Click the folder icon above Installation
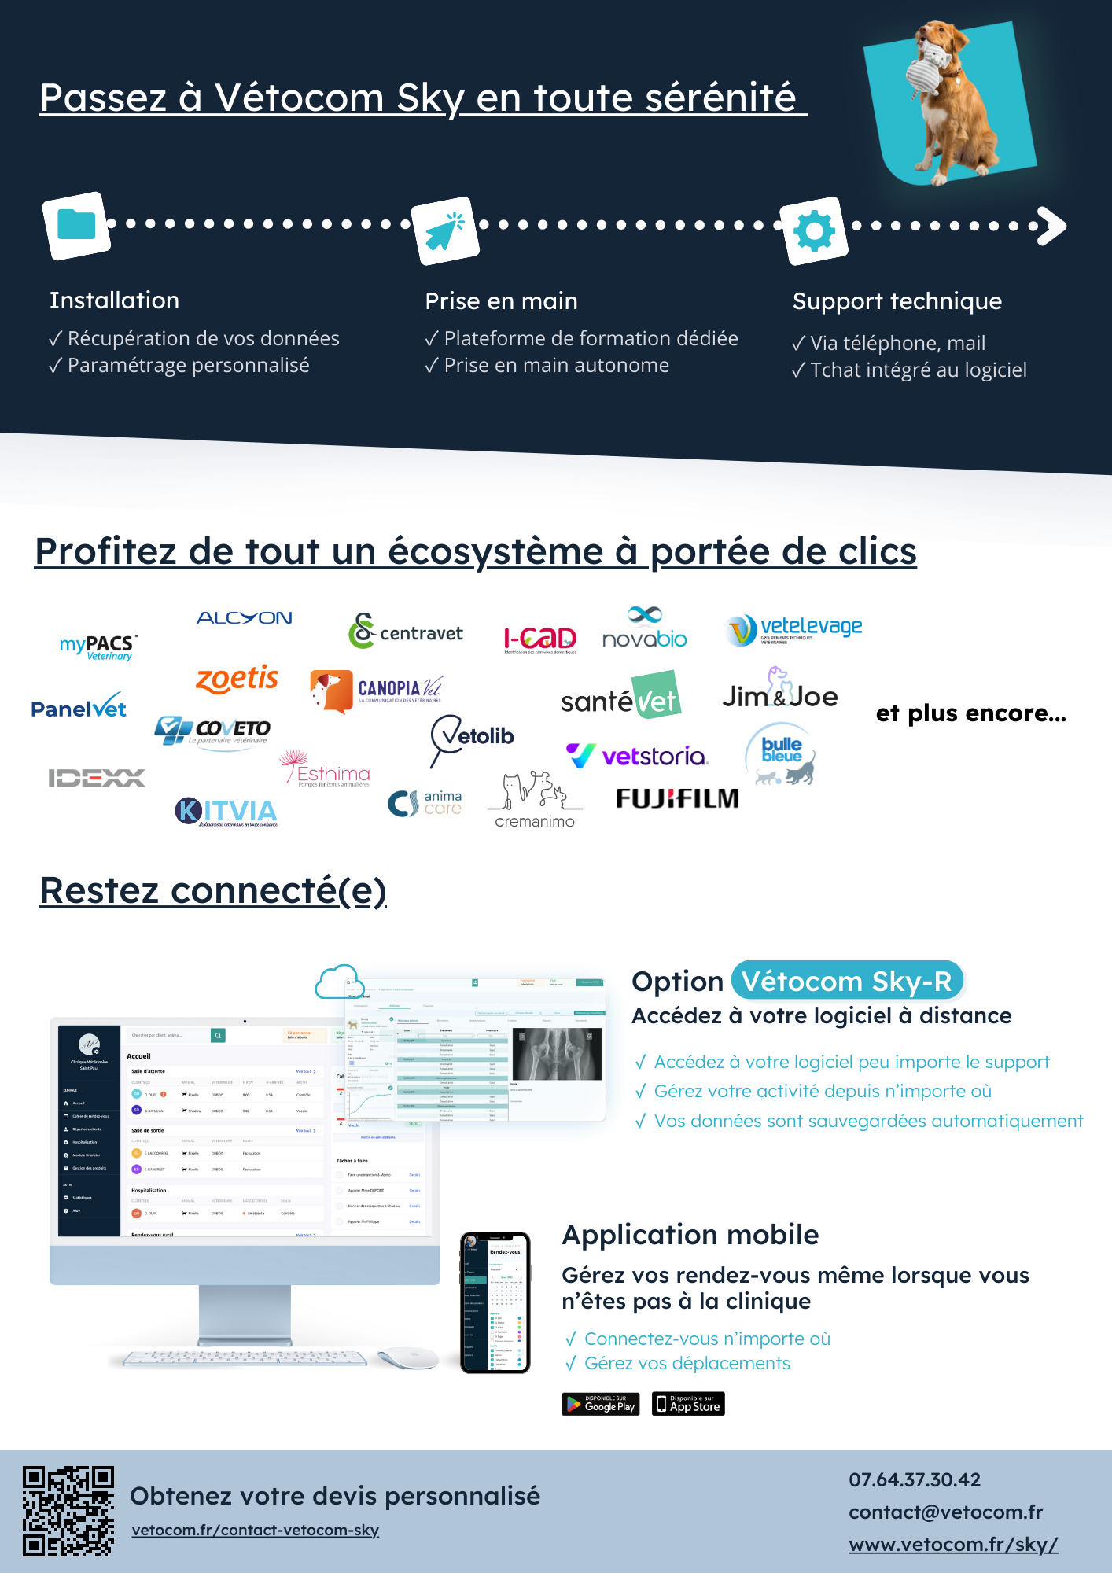[76, 225]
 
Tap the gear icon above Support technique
[814, 231]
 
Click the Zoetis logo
[237, 679]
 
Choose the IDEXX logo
[97, 778]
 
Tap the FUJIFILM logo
[677, 798]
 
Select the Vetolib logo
[472, 737]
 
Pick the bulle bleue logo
[782, 754]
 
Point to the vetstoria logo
[638, 756]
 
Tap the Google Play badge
[601, 1404]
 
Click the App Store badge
[688, 1404]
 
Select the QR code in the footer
[68, 1511]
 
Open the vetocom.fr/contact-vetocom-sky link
[256, 1530]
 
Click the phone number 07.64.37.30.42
[915, 1479]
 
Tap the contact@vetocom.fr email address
[945, 1512]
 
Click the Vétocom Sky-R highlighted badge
[847, 981]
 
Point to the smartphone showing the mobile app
[495, 1302]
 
